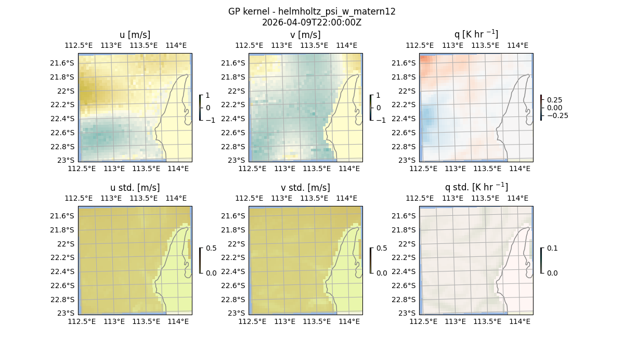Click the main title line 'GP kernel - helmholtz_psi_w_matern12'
(x=312, y=11)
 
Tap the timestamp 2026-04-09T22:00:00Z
(x=312, y=22)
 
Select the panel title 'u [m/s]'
(x=135, y=35)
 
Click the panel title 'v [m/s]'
(x=305, y=35)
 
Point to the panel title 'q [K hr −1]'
(x=476, y=34)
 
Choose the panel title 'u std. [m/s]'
(x=135, y=188)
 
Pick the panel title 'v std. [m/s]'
(x=305, y=188)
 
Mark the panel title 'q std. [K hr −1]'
(x=476, y=187)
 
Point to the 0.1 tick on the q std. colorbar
(x=552, y=248)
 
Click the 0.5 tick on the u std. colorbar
(x=211, y=248)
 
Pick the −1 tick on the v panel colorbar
(x=381, y=120)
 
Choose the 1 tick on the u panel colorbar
(x=208, y=95)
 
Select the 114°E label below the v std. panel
(x=349, y=322)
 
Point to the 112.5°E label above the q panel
(x=420, y=45)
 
